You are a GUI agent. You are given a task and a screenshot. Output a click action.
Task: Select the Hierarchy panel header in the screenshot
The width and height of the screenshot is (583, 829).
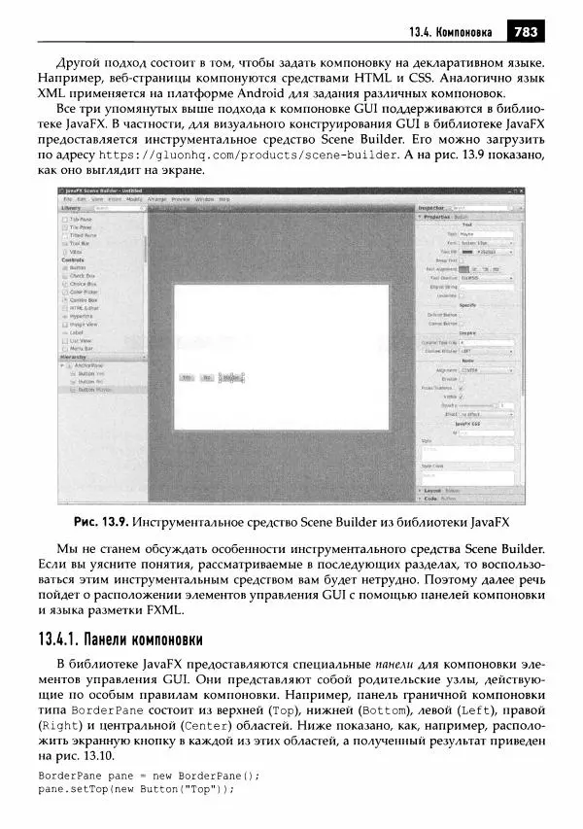[x=75, y=357]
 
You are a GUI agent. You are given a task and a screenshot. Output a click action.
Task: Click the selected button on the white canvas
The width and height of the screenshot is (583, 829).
[x=231, y=377]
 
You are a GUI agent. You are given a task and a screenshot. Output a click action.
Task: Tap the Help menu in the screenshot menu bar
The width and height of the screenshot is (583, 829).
[x=224, y=198]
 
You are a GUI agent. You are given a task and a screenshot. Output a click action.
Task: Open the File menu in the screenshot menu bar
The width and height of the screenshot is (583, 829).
[x=68, y=198]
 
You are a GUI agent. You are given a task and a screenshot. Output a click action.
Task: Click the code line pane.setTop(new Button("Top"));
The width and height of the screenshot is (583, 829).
[x=137, y=789]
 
